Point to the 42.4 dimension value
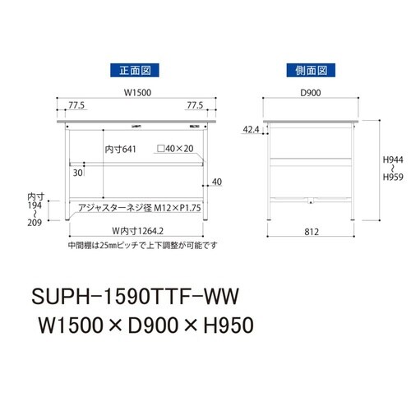point(252,129)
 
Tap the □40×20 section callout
point(176,150)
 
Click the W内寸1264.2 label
point(134,231)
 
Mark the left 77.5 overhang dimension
point(76,106)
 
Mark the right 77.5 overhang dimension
point(194,106)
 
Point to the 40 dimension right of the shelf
point(216,182)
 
